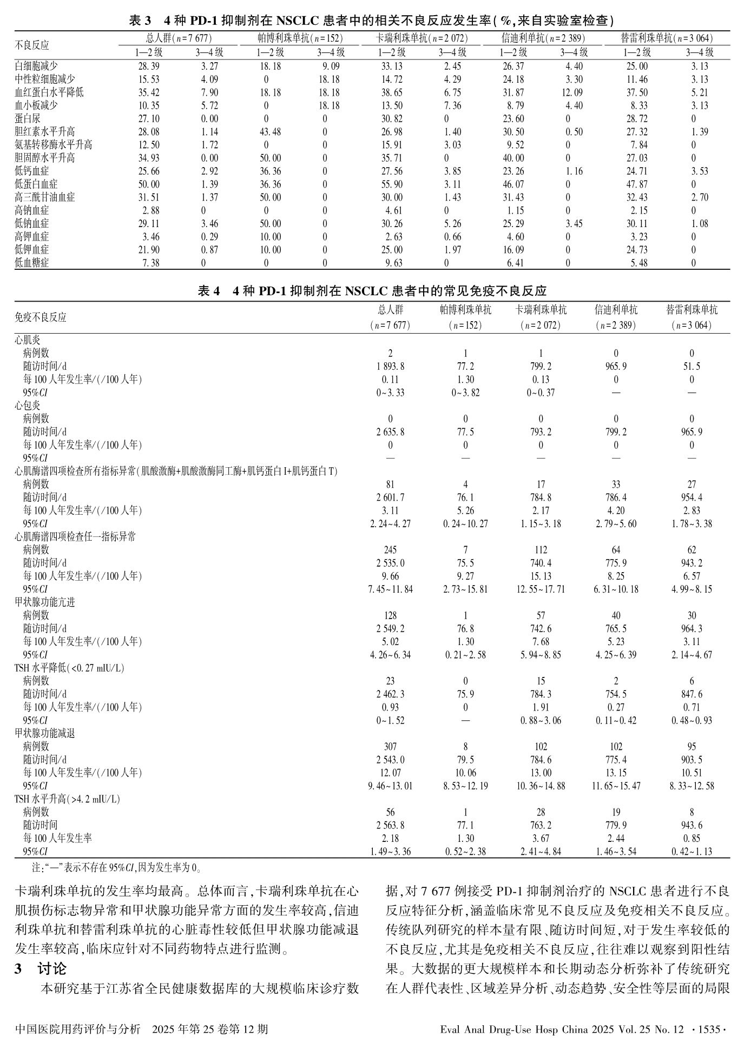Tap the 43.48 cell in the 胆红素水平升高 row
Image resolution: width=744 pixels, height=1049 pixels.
270,132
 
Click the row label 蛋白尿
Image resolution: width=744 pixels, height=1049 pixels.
28,119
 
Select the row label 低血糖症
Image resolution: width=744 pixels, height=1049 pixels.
32,263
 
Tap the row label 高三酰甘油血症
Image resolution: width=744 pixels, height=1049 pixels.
45,197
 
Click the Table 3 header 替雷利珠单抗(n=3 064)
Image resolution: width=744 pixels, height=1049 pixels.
667,38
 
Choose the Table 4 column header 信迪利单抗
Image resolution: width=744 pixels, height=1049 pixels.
616,310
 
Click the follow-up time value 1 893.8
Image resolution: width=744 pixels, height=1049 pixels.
390,367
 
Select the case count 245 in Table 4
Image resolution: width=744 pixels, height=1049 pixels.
390,550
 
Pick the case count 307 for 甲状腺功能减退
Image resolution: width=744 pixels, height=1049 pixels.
390,747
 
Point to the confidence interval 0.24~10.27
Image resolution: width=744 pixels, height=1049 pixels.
465,524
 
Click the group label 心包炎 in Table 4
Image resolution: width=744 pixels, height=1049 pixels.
28,406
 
